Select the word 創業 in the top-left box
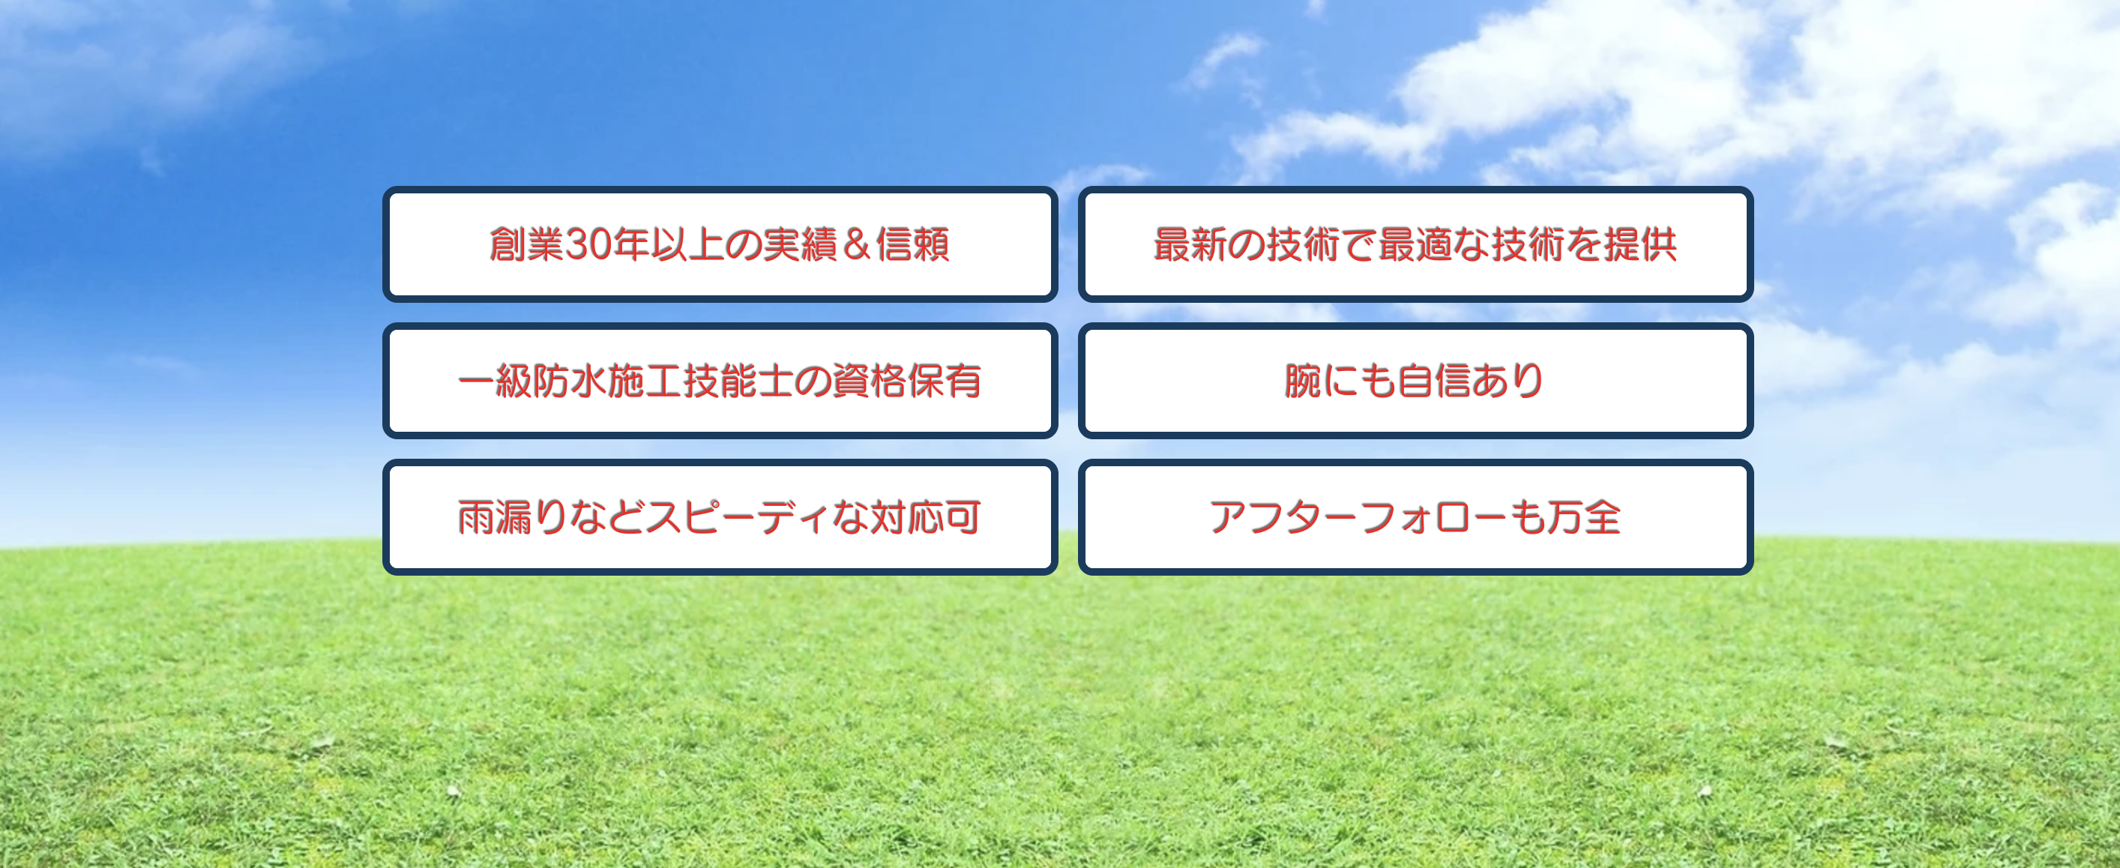click(527, 244)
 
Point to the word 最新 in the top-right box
click(1191, 244)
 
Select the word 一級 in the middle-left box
click(495, 381)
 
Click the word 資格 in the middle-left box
click(869, 381)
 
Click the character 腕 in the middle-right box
click(1303, 381)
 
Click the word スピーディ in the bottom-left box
click(738, 517)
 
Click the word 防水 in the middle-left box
click(570, 381)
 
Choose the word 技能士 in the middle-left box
click(738, 381)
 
